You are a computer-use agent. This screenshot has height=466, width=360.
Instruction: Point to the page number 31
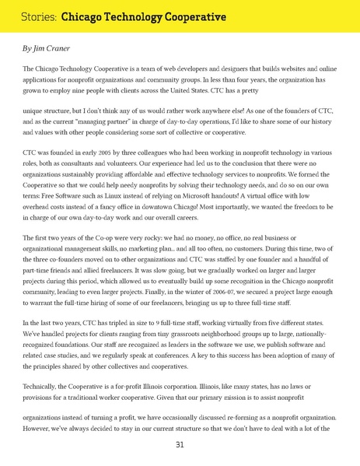click(180, 445)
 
